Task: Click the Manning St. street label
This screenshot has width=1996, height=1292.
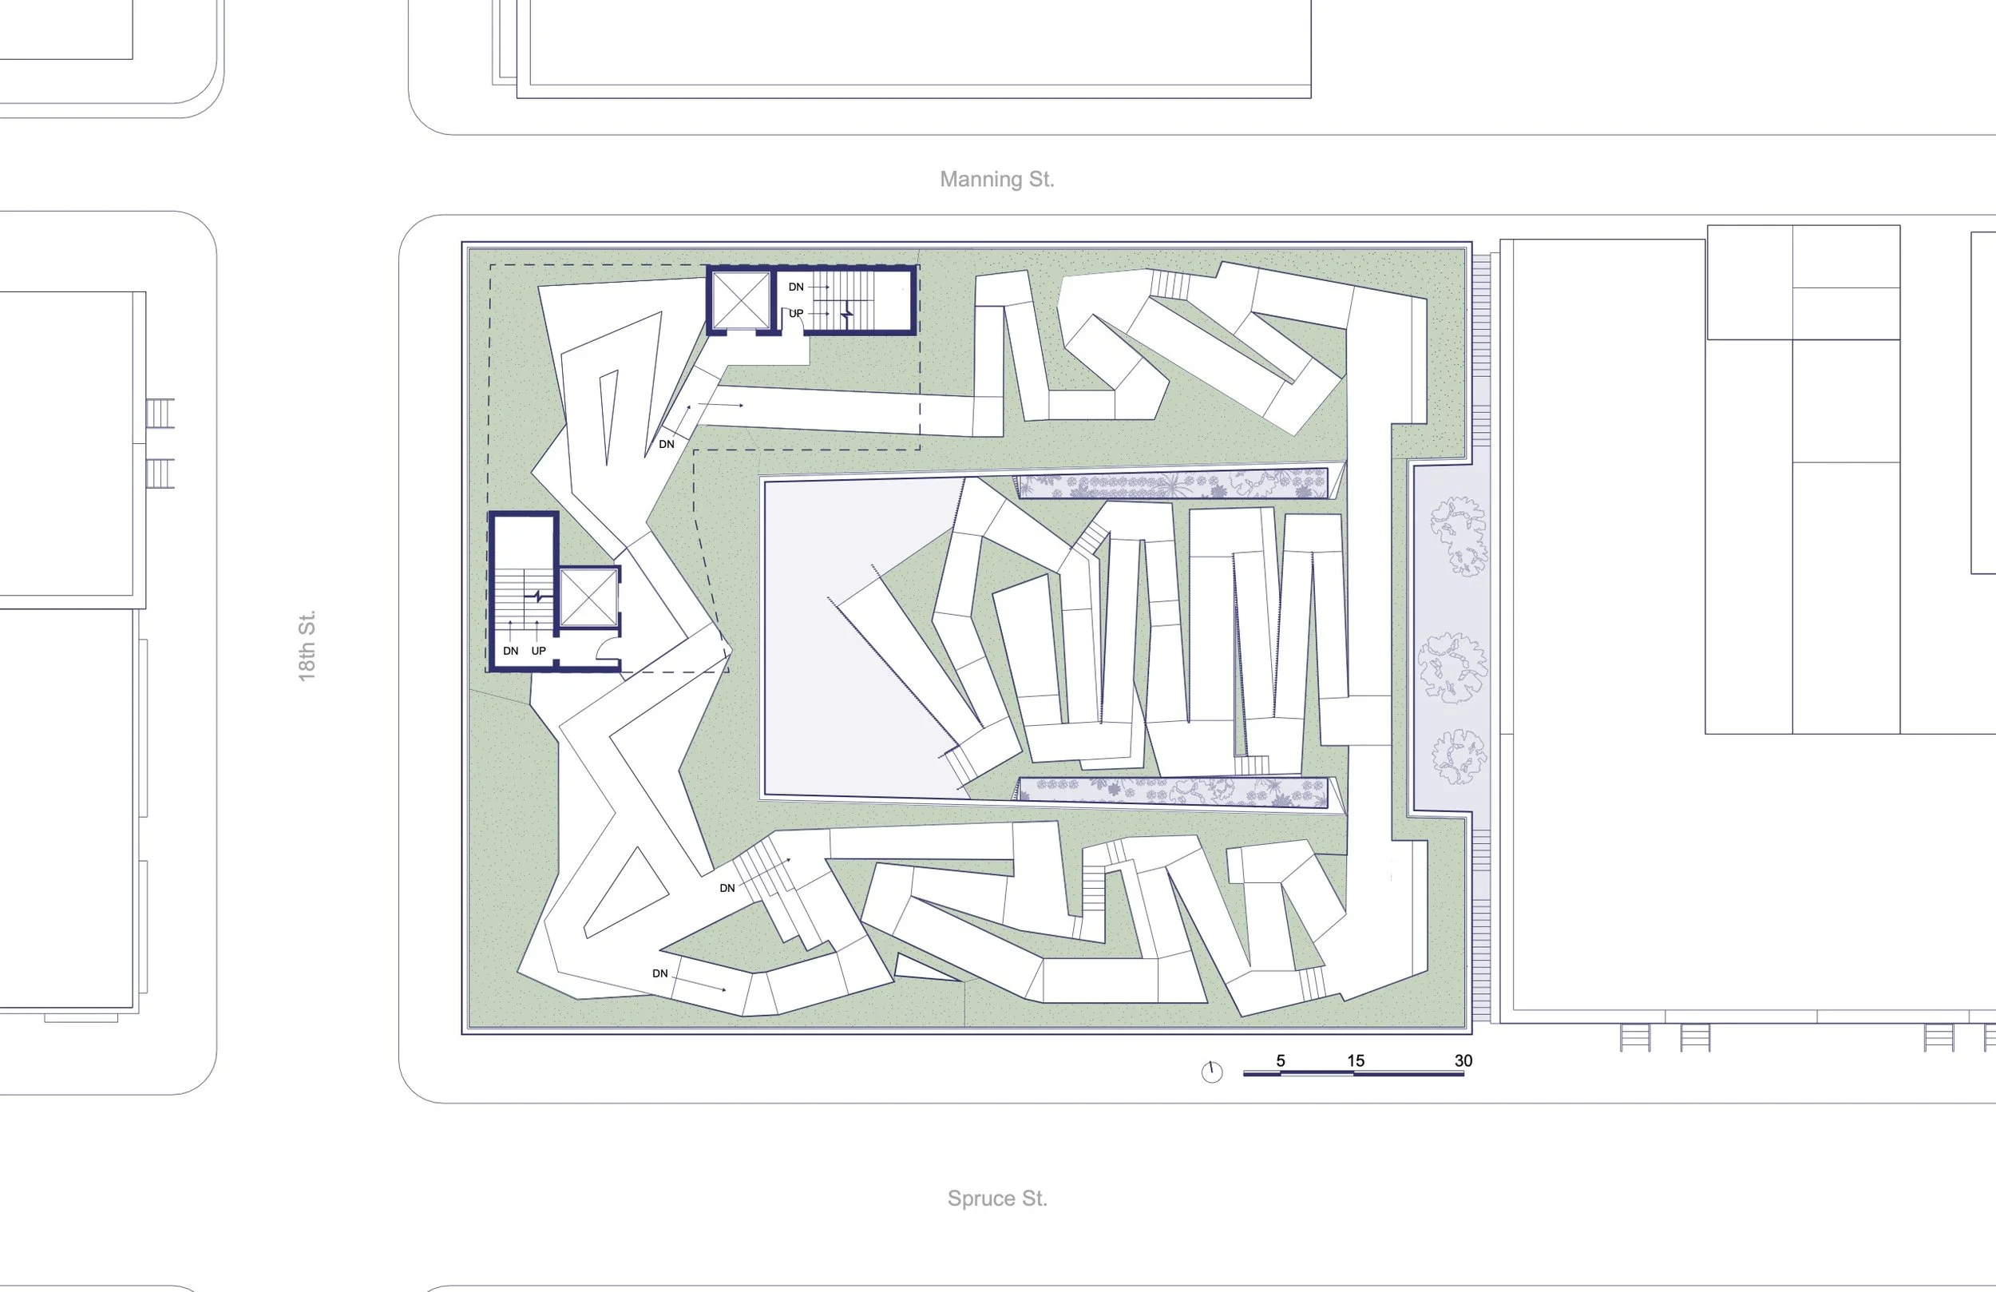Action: tap(996, 180)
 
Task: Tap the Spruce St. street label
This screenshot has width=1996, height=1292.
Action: tap(997, 1198)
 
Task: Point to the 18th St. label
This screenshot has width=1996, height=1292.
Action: tap(307, 645)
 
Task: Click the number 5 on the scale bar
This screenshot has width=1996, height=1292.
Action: tap(1281, 1060)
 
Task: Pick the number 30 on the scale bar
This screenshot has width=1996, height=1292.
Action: tap(1463, 1060)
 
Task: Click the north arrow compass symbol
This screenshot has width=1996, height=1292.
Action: tap(1212, 1072)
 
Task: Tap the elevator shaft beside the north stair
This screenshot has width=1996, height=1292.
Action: tap(739, 299)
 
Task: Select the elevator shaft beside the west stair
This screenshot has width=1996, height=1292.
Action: tap(588, 597)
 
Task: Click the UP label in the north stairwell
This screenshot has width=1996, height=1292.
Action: tap(796, 314)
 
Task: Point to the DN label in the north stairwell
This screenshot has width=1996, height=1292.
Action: tap(796, 287)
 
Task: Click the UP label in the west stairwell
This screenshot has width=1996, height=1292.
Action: tap(538, 651)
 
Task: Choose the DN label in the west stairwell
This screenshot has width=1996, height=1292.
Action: tap(511, 651)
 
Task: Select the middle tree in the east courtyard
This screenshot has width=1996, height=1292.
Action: tap(1452, 667)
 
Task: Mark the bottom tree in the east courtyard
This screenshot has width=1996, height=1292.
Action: tap(1459, 757)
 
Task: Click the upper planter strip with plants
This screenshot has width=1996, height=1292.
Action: tap(1171, 485)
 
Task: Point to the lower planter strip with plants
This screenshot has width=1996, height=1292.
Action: tap(1171, 791)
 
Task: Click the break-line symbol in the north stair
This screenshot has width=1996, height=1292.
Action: tap(847, 314)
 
